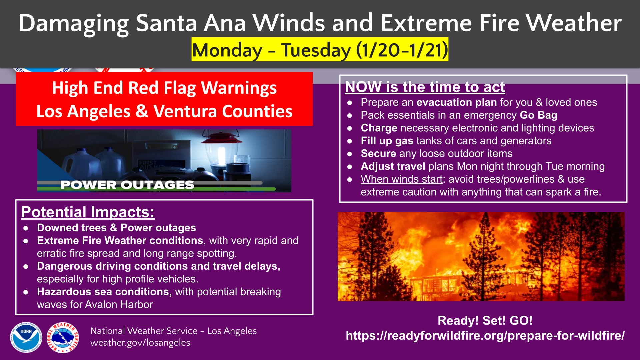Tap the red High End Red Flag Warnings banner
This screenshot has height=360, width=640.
point(164,99)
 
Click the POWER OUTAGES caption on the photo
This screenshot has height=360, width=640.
point(127,185)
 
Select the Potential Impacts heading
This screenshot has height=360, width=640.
point(88,212)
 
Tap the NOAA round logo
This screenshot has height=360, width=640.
point(26,337)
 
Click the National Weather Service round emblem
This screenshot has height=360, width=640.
point(63,337)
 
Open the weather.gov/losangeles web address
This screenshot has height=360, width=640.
point(140,343)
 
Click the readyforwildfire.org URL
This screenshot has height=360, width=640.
point(485,335)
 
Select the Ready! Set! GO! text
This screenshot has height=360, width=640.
point(485,320)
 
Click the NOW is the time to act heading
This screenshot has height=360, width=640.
point(425,87)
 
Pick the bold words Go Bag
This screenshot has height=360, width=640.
point(539,115)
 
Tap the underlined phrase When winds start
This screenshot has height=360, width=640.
point(402,179)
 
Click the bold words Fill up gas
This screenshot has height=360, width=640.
point(387,141)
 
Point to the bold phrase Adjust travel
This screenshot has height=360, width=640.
point(393,166)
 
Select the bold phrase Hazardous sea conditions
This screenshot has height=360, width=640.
point(104,292)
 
